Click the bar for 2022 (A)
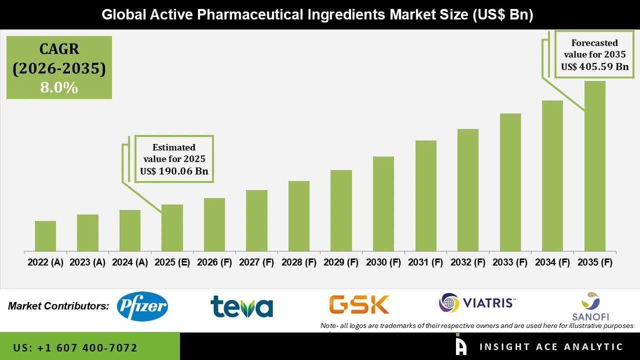45,236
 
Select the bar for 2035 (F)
594,166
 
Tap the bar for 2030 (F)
383,204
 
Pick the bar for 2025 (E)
172,228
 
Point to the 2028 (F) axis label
299,262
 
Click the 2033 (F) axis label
510,262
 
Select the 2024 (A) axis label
130,262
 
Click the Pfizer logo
142,306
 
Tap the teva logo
241,306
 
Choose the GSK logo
359,304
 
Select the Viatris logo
477,303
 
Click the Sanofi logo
590,306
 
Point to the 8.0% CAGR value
59,88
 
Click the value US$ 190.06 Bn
174,171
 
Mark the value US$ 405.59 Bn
594,66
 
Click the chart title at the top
317,15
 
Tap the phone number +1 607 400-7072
75,348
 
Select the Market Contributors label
58,305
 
